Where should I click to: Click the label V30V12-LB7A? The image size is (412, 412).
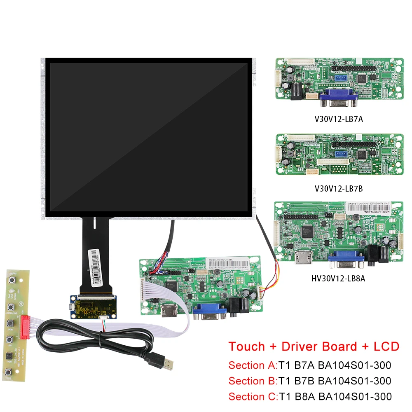[x=338, y=119]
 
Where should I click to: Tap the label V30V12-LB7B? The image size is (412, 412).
[x=338, y=189]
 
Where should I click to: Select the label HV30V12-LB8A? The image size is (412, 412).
[x=338, y=279]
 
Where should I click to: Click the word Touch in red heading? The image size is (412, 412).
[x=246, y=346]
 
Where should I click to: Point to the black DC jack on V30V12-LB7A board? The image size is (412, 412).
[x=297, y=91]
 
